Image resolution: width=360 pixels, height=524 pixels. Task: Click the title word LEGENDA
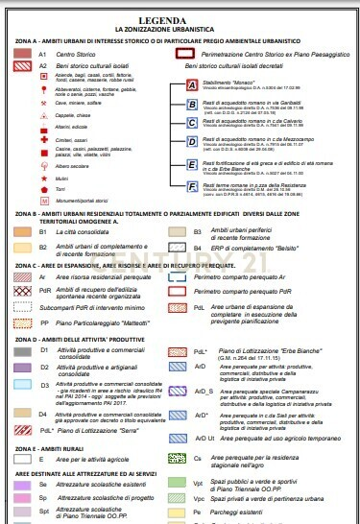tap(180, 19)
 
